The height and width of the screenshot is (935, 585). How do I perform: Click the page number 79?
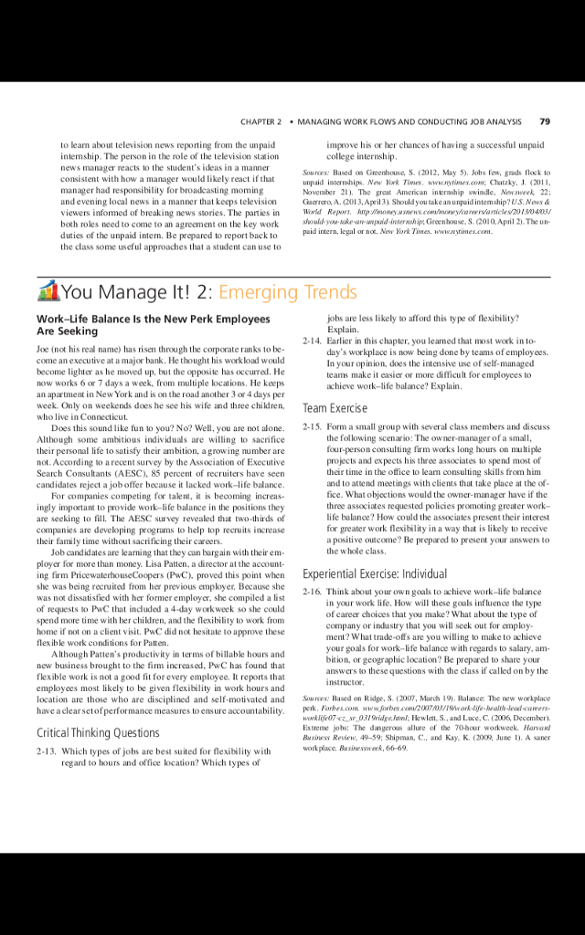point(546,121)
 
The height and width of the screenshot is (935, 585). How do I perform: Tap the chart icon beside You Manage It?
point(48,291)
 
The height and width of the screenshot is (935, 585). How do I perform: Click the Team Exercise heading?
point(335,408)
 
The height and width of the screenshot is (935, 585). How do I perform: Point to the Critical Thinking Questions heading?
point(98,732)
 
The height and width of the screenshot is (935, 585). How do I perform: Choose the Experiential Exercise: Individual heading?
point(375,549)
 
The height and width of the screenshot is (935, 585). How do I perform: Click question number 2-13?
point(48,751)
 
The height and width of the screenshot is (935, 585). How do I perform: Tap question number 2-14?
point(313,341)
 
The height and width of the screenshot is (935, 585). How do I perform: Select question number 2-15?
point(313,426)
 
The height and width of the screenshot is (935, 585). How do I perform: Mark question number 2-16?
point(313,567)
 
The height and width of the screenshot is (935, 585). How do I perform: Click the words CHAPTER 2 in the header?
point(261,121)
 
